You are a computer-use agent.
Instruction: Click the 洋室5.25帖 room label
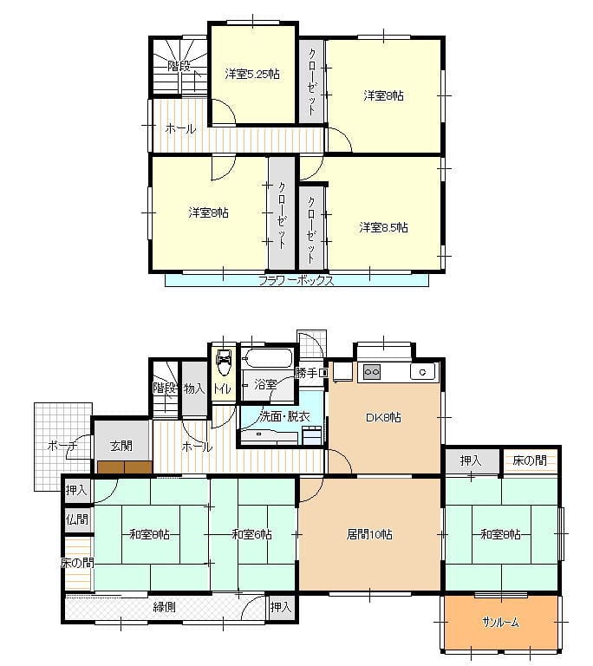pyautogui.click(x=252, y=74)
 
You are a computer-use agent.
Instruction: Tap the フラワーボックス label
pyautogui.click(x=296, y=280)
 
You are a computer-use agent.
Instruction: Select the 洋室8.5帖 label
pyautogui.click(x=383, y=228)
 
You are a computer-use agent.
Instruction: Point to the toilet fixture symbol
pyautogui.click(x=224, y=362)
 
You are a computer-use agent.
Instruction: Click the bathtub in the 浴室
pyautogui.click(x=268, y=358)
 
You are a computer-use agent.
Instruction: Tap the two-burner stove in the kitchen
pyautogui.click(x=372, y=372)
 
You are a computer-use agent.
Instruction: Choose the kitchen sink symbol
pyautogui.click(x=422, y=372)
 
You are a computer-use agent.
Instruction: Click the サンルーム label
pyautogui.click(x=500, y=623)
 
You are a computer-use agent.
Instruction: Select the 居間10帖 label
pyautogui.click(x=369, y=534)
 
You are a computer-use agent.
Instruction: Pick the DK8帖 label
pyautogui.click(x=383, y=417)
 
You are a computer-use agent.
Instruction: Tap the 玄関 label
pyautogui.click(x=121, y=446)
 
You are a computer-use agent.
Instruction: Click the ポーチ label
pyautogui.click(x=62, y=446)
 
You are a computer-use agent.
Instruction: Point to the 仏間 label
pyautogui.click(x=77, y=519)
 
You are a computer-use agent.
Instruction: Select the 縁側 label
pyautogui.click(x=165, y=606)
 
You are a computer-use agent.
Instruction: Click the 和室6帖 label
pyautogui.click(x=252, y=534)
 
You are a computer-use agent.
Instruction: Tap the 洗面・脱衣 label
pyautogui.click(x=284, y=416)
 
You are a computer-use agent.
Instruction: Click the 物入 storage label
pyautogui.click(x=194, y=388)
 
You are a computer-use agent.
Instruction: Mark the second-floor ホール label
pyautogui.click(x=180, y=128)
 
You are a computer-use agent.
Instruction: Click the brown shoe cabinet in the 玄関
pyautogui.click(x=125, y=467)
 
